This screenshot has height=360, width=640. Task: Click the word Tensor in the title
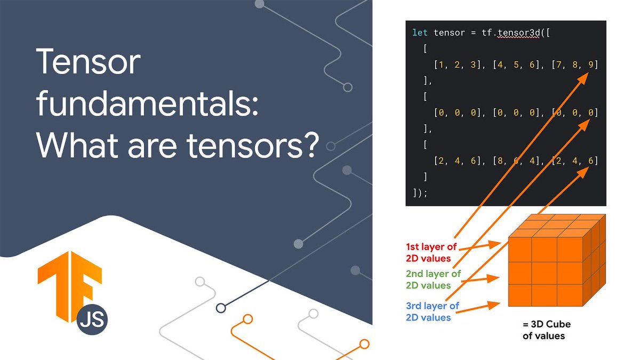89,62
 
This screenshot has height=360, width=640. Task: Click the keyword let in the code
420,33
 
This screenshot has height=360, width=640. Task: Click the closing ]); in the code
420,193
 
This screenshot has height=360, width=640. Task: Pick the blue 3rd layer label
432,311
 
